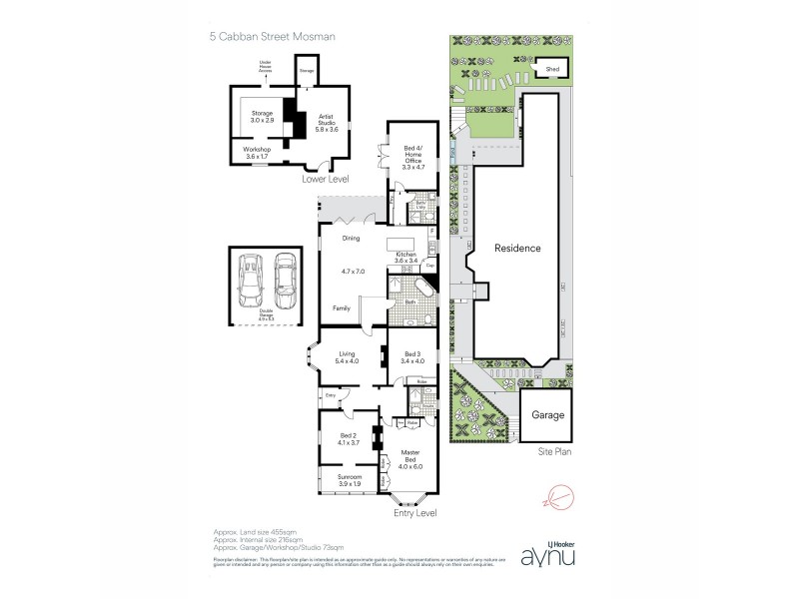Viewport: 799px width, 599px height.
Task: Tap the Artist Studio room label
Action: tap(321, 120)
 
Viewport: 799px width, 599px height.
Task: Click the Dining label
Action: tap(351, 238)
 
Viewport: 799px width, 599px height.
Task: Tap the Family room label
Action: tap(341, 308)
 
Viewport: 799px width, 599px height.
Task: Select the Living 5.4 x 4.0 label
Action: tap(348, 356)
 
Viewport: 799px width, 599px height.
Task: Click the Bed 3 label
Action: tap(412, 356)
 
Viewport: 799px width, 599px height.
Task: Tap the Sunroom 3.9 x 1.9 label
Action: tap(348, 482)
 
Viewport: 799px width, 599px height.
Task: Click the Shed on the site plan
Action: tap(551, 70)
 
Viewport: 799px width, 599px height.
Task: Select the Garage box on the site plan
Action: tap(546, 413)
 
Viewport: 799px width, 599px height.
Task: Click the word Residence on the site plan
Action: tap(516, 248)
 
